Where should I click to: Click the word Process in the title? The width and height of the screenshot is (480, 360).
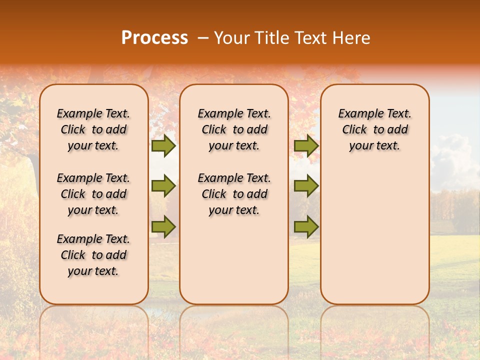tap(154, 38)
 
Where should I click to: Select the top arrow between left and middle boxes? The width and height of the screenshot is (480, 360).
tap(163, 146)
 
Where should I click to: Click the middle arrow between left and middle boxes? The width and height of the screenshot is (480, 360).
tap(163, 186)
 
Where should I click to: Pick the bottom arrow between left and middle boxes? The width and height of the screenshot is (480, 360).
tap(163, 226)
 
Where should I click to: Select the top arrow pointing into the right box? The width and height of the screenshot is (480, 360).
tap(306, 146)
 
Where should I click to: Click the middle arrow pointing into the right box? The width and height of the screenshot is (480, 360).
tap(306, 186)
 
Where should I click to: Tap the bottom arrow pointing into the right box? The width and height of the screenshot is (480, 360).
tap(306, 226)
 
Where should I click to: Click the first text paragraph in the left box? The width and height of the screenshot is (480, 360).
tap(93, 129)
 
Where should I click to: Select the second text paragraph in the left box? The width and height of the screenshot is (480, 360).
tap(93, 194)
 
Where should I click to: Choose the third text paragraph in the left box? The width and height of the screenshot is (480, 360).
tap(93, 255)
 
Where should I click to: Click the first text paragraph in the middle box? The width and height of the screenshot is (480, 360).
tap(234, 129)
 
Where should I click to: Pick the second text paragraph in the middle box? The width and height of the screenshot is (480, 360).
tap(234, 194)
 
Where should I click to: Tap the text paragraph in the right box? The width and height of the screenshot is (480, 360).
tap(374, 129)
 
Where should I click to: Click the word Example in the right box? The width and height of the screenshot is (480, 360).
tap(358, 114)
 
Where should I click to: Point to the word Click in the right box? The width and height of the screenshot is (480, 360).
tap(354, 130)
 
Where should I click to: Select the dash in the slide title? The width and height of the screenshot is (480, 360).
tap(203, 38)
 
